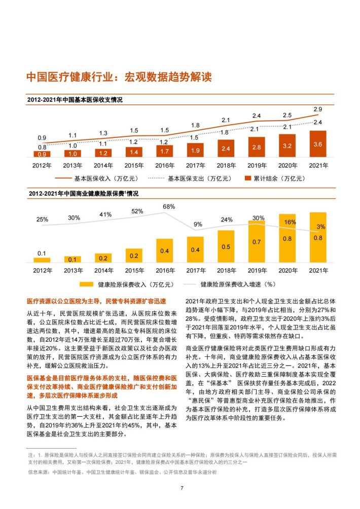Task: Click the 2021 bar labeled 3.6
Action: [318, 144]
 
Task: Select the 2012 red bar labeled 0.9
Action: [42, 154]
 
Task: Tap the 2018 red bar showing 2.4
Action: [226, 148]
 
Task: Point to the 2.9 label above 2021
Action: [318, 110]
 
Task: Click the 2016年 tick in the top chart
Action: [164, 165]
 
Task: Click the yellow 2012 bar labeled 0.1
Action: [42, 260]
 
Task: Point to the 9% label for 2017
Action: [198, 224]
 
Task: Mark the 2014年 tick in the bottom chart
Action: [103, 270]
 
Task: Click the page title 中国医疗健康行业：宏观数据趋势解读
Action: [119, 77]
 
